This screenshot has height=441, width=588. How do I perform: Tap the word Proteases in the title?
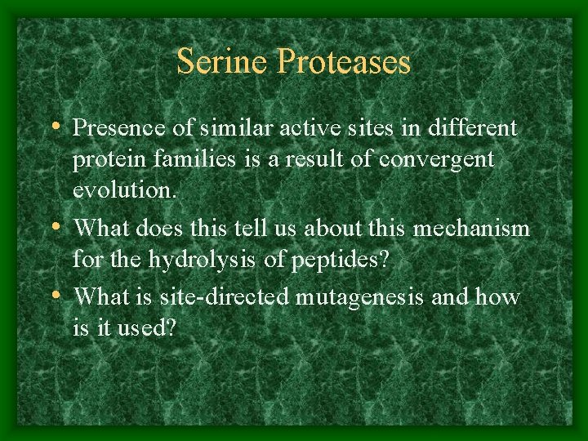(x=344, y=62)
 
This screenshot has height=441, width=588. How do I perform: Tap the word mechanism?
(x=471, y=229)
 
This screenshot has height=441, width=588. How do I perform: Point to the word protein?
(x=102, y=159)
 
